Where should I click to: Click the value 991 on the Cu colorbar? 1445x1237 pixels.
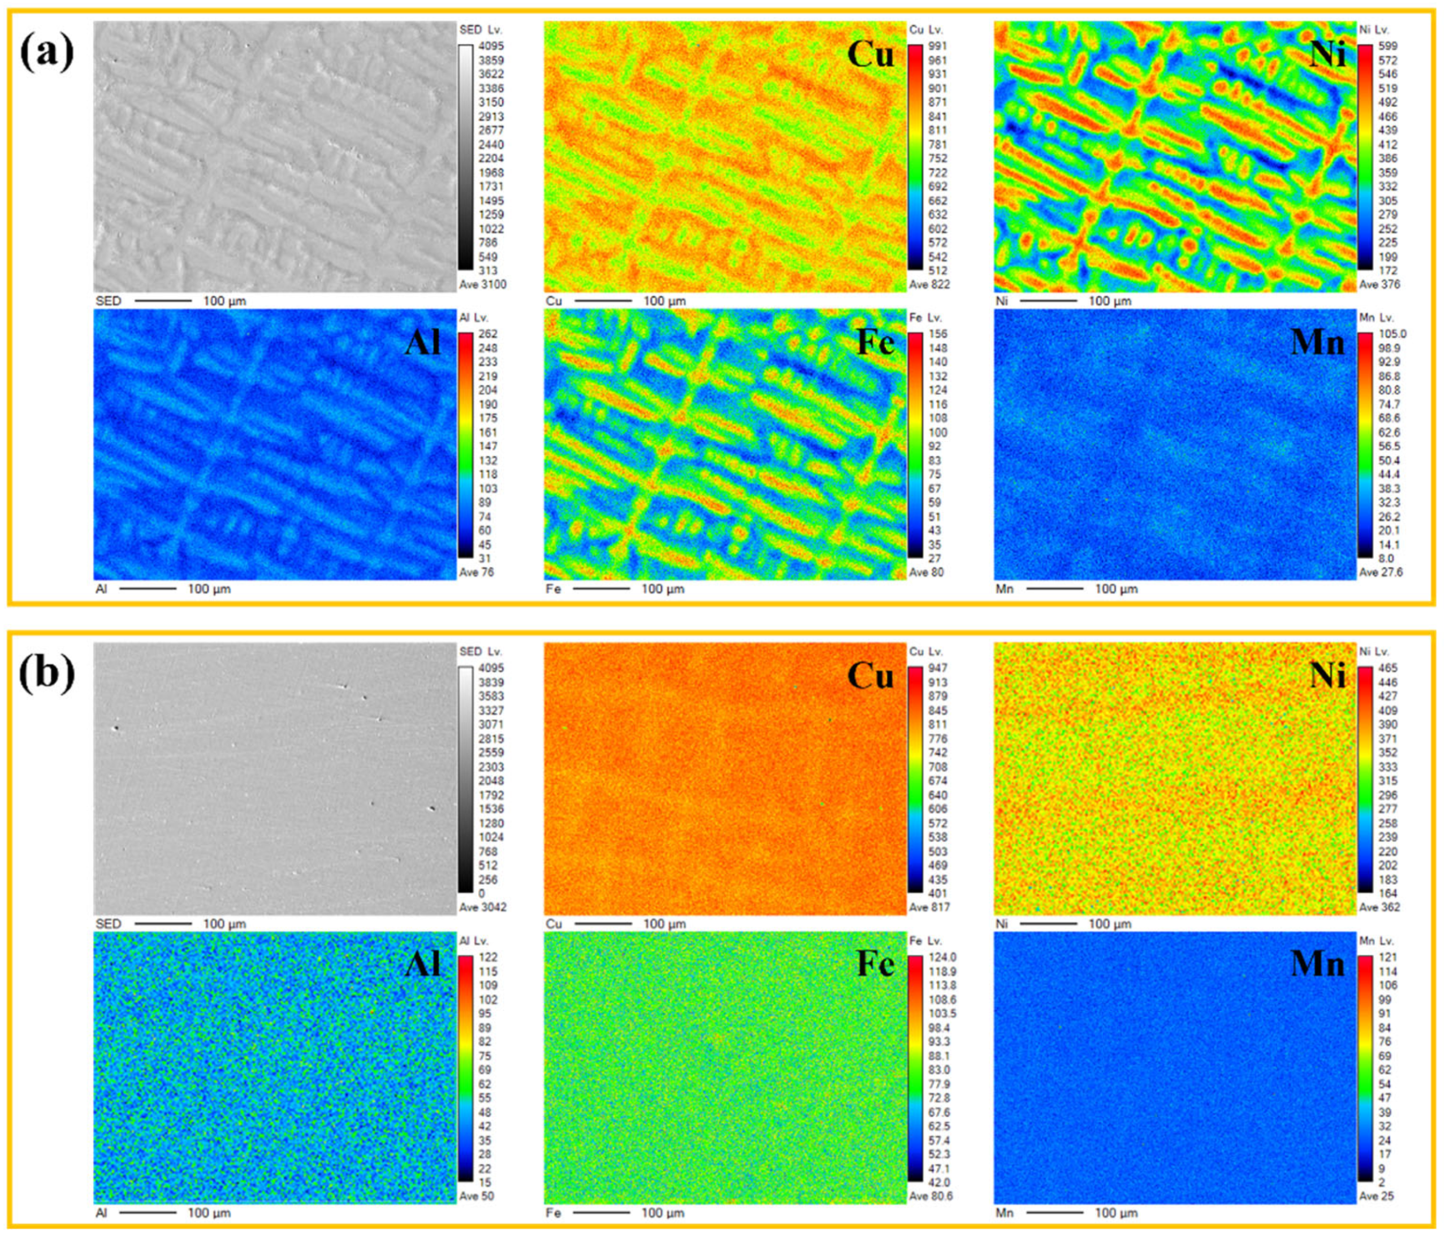pos(937,46)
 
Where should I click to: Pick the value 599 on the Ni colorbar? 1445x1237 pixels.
pos(1388,46)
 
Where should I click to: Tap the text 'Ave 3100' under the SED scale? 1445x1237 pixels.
pos(483,284)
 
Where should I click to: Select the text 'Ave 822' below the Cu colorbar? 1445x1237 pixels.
pos(929,284)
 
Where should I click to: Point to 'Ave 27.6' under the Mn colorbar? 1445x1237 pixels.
pos(1381,573)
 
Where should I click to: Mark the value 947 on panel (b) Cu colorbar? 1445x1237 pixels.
pos(937,668)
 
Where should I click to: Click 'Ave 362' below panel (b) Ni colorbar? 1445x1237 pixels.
pos(1379,907)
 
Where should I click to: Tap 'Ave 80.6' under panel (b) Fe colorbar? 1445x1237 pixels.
pos(931,1196)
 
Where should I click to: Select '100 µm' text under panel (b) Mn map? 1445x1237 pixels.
pos(1116,1213)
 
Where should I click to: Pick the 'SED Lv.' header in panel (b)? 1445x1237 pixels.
pos(481,651)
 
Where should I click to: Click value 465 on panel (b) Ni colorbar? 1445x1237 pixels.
pos(1388,668)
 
